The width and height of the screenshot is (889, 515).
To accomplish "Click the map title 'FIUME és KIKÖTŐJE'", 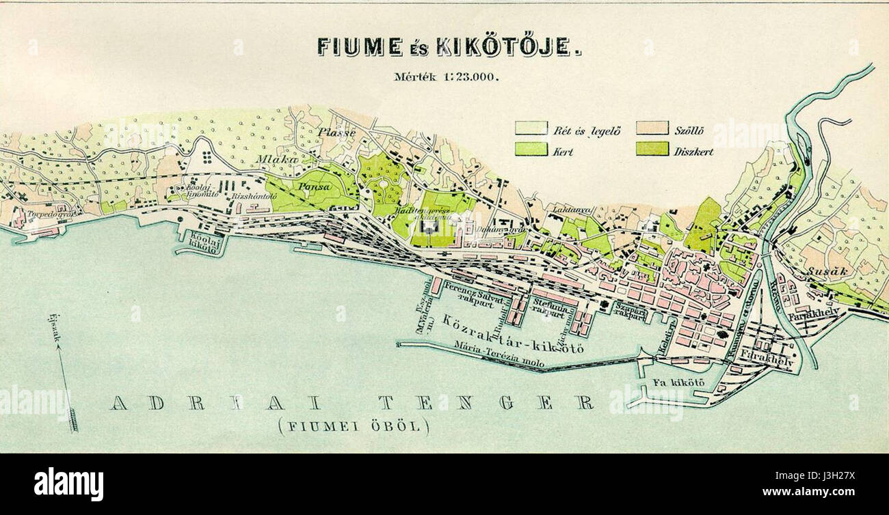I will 449,46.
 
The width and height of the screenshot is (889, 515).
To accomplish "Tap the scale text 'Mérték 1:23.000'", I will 446,76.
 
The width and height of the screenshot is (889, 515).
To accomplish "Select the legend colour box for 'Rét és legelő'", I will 531,128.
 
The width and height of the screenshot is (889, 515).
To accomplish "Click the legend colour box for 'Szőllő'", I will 652,128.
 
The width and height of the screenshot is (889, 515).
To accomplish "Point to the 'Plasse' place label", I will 336,133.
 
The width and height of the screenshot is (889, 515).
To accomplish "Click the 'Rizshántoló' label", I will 252,196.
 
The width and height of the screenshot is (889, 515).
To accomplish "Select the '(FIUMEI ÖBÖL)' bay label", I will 354,427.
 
